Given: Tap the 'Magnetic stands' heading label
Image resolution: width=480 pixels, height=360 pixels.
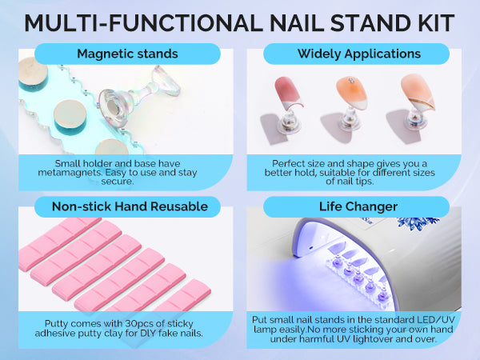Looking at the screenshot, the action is click(127, 54).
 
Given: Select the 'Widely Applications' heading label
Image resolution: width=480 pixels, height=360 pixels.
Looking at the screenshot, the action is click(359, 54).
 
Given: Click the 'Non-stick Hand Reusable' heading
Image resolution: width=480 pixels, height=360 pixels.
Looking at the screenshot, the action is click(130, 206).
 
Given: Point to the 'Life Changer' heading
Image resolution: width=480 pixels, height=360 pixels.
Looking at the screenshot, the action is click(358, 206).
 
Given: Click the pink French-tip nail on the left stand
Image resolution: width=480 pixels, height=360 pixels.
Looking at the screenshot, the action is click(288, 93).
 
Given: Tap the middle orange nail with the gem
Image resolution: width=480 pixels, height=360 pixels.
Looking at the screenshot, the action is click(352, 93).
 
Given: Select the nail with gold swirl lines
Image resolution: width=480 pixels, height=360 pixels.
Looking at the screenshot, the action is click(418, 92).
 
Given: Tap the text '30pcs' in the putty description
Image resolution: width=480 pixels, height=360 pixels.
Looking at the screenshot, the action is click(137, 323).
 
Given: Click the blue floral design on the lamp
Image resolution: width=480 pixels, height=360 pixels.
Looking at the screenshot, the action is click(418, 223).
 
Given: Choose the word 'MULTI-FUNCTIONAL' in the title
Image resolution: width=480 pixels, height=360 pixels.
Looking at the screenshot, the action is click(143, 23).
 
